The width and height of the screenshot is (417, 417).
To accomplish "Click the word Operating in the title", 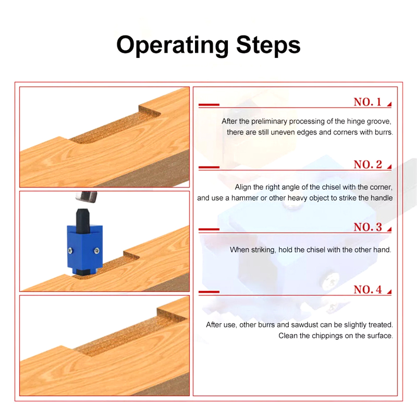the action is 173,46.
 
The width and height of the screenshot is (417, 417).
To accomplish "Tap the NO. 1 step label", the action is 367,102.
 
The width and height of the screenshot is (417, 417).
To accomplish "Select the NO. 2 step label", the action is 367,164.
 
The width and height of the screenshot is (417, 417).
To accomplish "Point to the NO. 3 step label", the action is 367,227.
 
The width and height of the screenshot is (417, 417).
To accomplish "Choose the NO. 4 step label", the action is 367,289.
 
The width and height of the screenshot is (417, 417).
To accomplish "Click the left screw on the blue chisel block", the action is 70,250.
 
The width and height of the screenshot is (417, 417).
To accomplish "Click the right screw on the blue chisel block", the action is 97,250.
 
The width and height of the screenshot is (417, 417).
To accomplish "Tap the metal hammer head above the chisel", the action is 86,197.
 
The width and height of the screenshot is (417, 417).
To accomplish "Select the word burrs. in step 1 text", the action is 384,132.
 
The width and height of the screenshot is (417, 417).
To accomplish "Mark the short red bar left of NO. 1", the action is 209,105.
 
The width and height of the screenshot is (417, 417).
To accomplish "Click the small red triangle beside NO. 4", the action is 389,292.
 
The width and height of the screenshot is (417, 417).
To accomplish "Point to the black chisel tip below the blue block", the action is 85,272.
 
